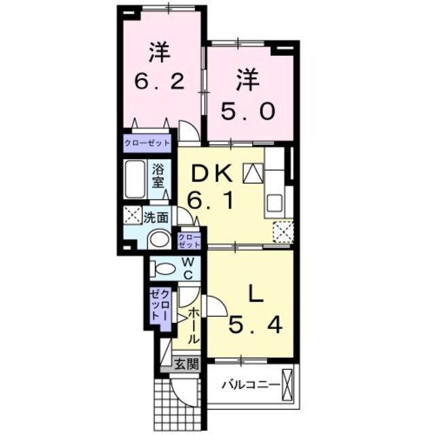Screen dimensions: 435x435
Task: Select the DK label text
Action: (x=212, y=175)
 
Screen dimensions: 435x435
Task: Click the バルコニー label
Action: (x=250, y=385)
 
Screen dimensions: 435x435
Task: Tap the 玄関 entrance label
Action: (x=186, y=364)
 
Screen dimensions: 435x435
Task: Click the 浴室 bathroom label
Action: (x=158, y=177)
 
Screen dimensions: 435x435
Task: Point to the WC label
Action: (x=189, y=268)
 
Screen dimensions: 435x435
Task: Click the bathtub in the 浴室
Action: (x=135, y=178)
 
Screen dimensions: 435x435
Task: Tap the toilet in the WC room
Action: (x=163, y=268)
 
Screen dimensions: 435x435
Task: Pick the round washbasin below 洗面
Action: (x=160, y=239)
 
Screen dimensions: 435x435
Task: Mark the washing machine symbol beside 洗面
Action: (x=132, y=217)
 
